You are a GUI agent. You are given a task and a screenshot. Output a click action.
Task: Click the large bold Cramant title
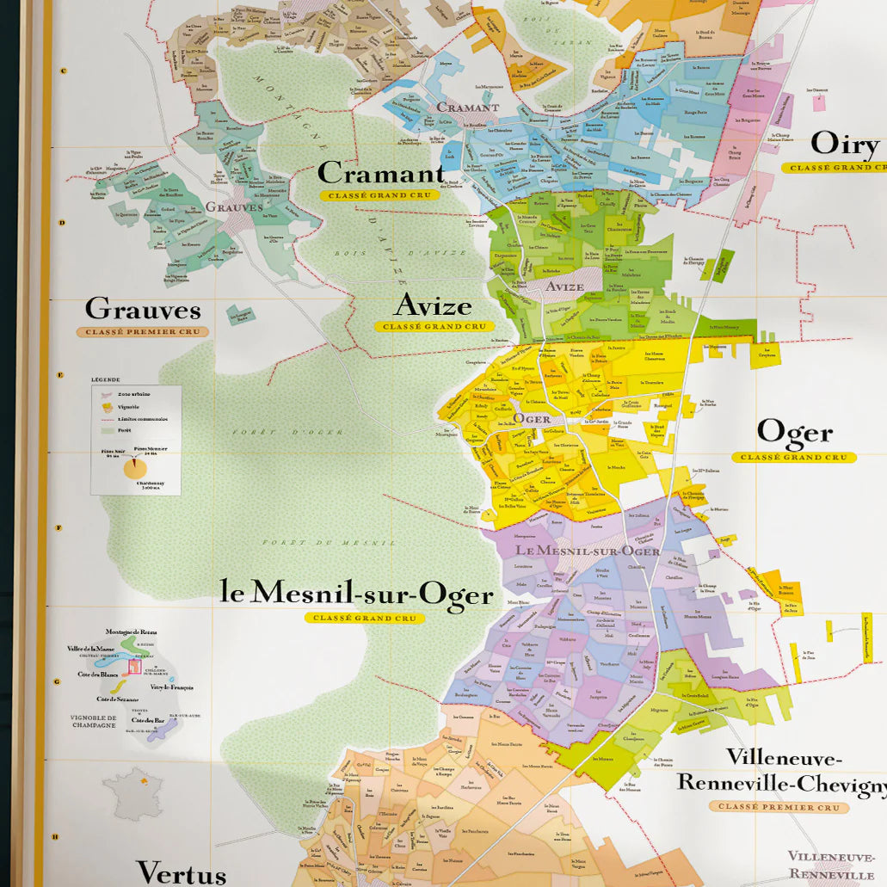(x=380, y=174)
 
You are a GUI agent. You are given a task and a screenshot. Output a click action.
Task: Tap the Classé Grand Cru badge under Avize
(x=430, y=327)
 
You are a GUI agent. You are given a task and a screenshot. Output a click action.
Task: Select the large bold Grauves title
(x=143, y=309)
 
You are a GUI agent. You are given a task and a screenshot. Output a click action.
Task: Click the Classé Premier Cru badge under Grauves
(x=142, y=332)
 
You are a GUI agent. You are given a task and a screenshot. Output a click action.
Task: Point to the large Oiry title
(x=847, y=145)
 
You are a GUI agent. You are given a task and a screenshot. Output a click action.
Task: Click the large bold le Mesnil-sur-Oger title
(x=357, y=594)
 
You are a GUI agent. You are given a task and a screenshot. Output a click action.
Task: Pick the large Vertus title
(x=181, y=872)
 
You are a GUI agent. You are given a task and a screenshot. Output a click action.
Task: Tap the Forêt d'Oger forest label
(x=286, y=432)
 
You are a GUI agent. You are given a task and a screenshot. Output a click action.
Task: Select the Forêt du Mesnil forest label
(x=329, y=543)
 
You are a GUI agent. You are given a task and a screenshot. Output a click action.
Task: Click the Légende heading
(x=107, y=379)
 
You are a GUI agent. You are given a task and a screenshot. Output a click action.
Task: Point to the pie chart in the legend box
(x=135, y=468)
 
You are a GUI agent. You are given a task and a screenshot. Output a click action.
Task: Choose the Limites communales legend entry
(x=143, y=419)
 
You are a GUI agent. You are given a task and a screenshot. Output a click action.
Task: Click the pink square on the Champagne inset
(x=134, y=666)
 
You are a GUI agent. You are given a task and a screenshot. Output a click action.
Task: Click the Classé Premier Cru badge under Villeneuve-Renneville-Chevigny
(x=779, y=807)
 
